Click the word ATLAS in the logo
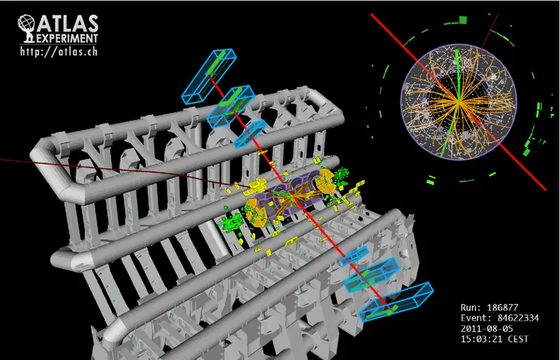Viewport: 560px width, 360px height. (67, 24)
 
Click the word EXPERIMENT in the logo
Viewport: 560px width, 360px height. (66, 39)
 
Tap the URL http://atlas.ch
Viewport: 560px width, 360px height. (59, 51)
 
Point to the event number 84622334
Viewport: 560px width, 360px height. (517, 318)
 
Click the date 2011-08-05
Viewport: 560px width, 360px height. (486, 328)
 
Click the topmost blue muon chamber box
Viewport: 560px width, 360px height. (209, 76)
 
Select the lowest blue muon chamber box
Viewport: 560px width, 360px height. (396, 302)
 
